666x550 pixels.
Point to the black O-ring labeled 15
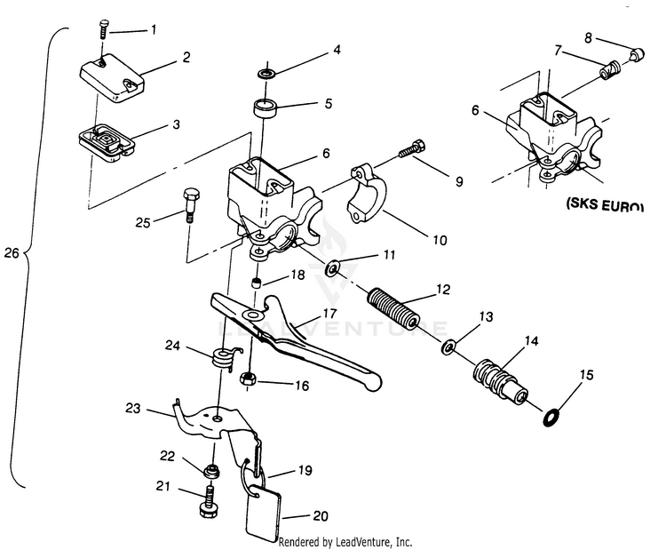click(x=550, y=414)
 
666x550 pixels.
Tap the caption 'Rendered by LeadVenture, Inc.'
click(x=345, y=541)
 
